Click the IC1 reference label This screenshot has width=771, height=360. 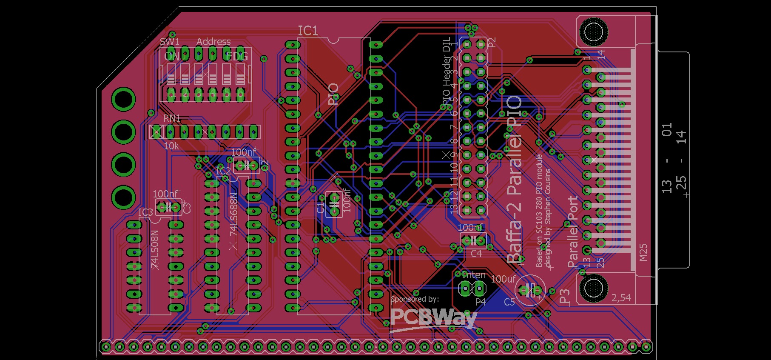click(x=308, y=31)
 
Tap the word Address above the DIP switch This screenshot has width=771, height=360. click(x=213, y=42)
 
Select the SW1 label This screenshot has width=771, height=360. click(x=169, y=42)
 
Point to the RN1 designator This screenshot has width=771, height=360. click(x=172, y=118)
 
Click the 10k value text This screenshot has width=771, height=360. click(x=171, y=146)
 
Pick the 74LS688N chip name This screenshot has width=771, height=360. click(x=233, y=215)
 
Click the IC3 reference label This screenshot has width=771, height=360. click(x=145, y=212)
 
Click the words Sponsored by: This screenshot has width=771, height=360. click(x=415, y=299)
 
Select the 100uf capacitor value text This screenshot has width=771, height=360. click(x=503, y=279)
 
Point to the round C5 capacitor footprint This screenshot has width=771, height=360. click(x=530, y=291)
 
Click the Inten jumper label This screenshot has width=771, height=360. click(x=474, y=275)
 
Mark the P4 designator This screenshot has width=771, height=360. click(x=480, y=302)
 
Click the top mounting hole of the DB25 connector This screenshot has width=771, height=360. click(x=594, y=32)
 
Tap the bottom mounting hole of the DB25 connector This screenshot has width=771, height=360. click(x=594, y=288)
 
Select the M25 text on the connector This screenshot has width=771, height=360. click(x=643, y=252)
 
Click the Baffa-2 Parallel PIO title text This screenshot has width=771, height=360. click(x=514, y=179)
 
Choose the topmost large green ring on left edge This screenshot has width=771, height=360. click(x=124, y=99)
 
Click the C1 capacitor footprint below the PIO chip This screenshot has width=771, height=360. click(x=334, y=204)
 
